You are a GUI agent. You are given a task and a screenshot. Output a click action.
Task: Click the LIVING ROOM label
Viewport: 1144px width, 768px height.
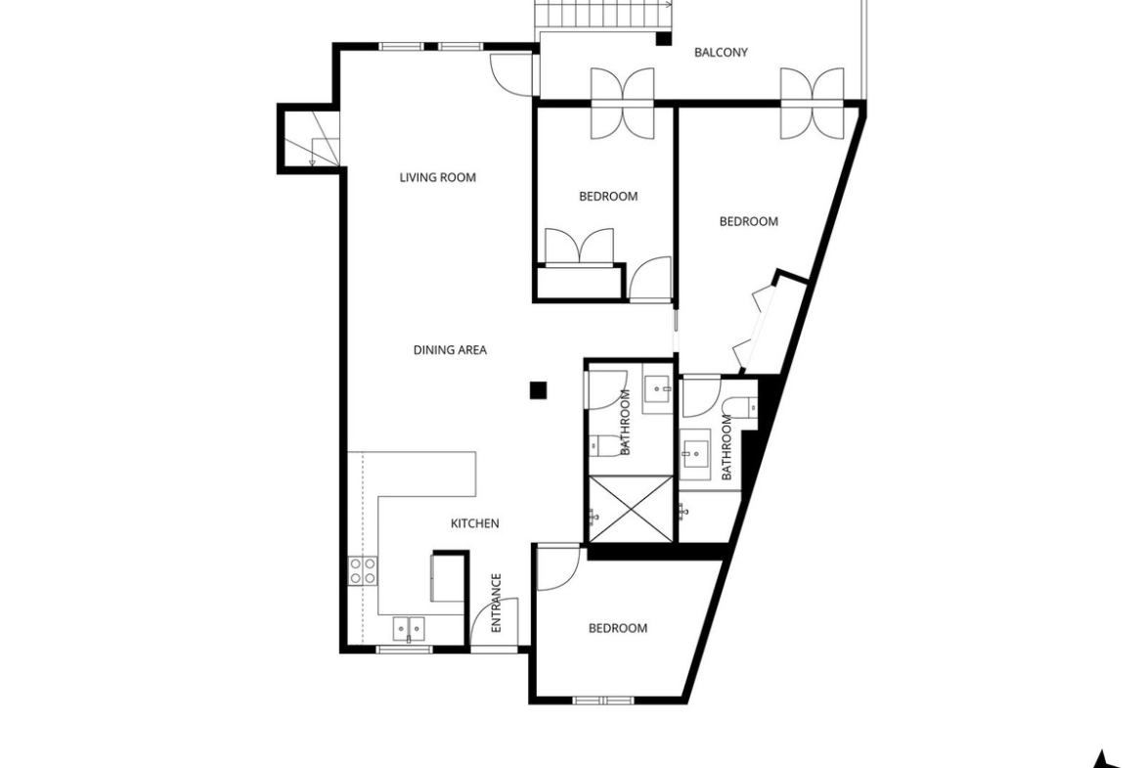(438, 177)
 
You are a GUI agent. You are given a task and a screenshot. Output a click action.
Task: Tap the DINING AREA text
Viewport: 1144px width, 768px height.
(450, 350)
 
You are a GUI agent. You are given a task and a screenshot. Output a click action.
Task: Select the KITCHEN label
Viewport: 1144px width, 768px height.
(475, 523)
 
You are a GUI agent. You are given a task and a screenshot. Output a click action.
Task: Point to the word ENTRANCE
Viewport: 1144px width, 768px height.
(496, 603)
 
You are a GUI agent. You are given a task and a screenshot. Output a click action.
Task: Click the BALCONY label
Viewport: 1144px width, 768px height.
(721, 53)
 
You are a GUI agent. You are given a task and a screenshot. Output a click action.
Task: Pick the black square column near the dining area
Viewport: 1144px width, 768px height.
(539, 390)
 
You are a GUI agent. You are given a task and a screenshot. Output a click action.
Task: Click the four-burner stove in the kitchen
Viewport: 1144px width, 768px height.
(363, 570)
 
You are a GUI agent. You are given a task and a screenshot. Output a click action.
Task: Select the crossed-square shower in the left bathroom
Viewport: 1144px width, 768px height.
(631, 509)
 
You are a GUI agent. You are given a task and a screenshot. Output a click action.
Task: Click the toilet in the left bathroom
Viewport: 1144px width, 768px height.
(603, 445)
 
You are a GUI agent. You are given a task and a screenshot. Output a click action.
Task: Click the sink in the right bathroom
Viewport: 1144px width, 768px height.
(695, 456)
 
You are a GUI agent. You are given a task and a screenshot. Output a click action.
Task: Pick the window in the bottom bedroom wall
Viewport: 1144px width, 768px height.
(603, 700)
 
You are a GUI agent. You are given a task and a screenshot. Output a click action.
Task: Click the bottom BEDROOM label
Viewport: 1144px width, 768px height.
(618, 628)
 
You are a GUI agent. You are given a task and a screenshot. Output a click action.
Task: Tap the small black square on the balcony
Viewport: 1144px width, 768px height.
(663, 39)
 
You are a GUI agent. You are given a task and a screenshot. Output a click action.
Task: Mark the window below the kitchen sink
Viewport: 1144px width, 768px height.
(405, 649)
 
